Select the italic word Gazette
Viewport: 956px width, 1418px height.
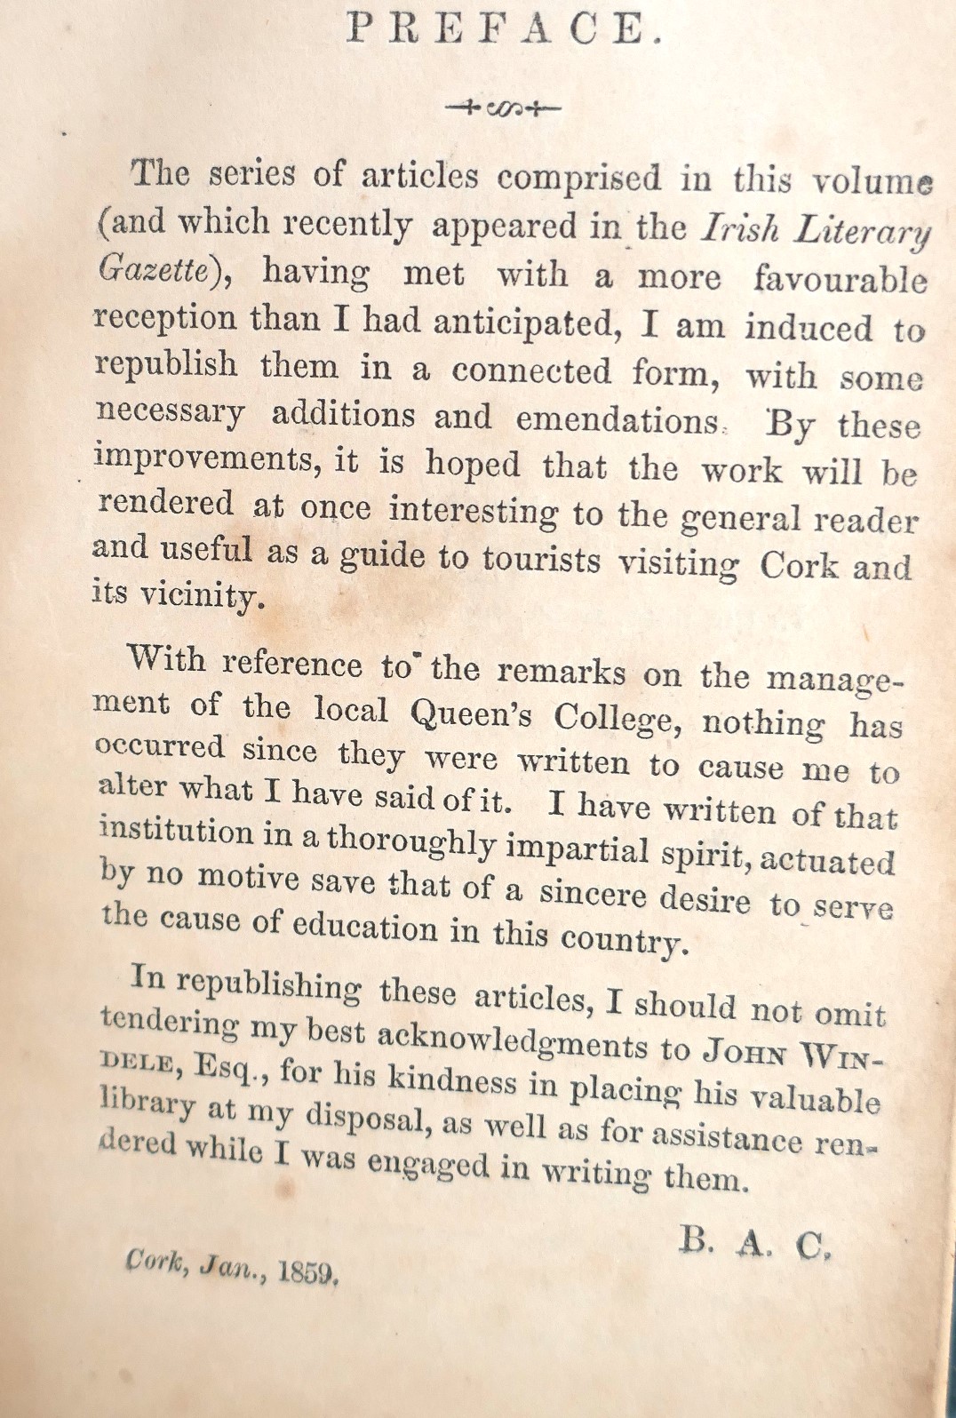click(x=152, y=270)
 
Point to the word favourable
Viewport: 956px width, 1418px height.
click(x=840, y=280)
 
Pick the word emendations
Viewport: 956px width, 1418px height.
click(x=618, y=419)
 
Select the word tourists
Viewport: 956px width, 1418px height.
click(x=541, y=559)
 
